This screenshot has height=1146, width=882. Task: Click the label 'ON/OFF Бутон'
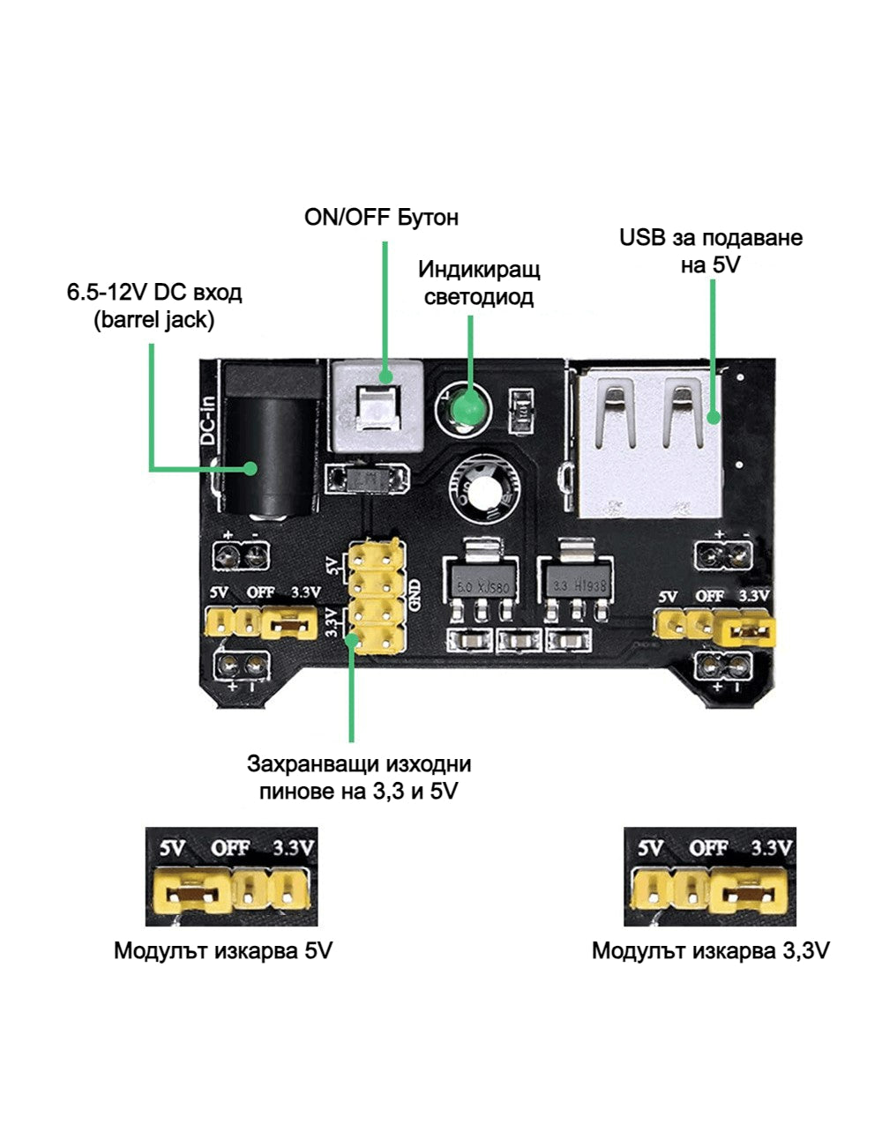point(381,217)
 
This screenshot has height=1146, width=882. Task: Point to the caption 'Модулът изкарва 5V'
point(223,951)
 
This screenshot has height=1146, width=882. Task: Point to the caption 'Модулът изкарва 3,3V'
point(710,951)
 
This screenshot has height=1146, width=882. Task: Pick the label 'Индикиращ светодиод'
point(478,282)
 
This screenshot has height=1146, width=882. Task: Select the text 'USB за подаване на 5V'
point(710,250)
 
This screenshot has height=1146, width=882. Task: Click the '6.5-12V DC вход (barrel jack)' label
point(154,305)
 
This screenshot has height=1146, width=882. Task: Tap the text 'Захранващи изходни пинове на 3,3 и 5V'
point(359,777)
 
